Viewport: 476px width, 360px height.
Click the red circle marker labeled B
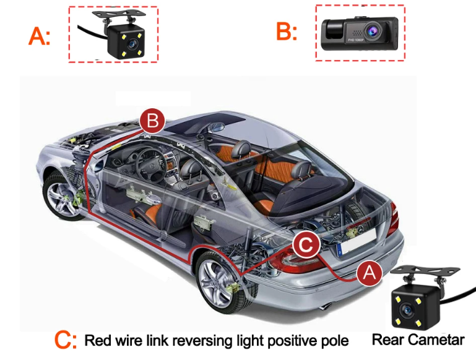[152, 121]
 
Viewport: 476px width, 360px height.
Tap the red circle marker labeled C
[306, 244]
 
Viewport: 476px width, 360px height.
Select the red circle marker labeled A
[369, 272]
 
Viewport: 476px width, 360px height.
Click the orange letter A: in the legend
[40, 36]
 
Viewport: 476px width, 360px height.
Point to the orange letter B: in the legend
[286, 31]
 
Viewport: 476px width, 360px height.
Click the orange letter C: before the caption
[65, 340]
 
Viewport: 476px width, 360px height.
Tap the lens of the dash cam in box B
[371, 30]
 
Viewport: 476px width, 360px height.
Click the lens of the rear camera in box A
[131, 45]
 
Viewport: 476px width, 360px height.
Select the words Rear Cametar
[418, 340]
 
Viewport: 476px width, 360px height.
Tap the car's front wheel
[64, 195]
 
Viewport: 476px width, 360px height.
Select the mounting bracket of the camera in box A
[119, 17]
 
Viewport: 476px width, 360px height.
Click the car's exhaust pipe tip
[326, 306]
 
